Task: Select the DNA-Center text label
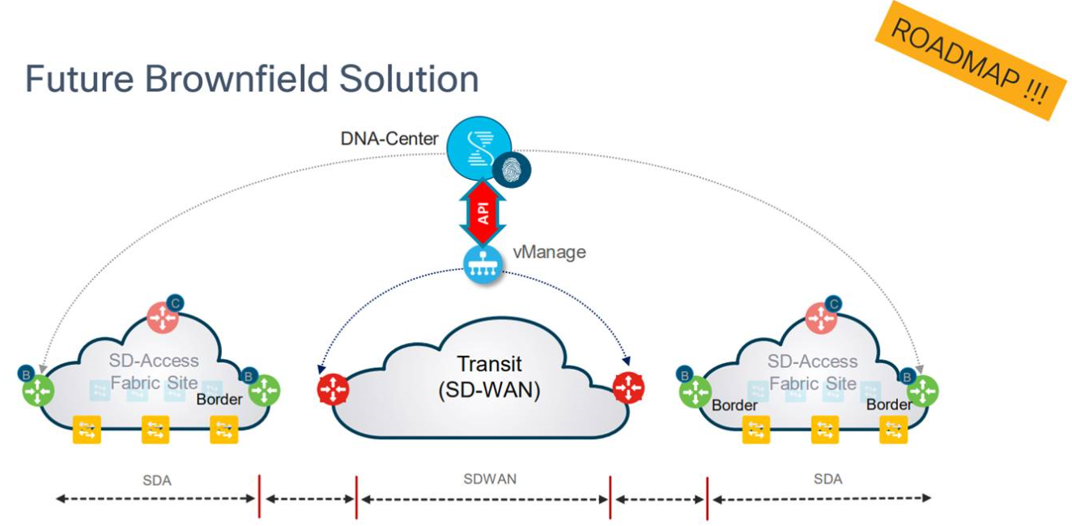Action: pyautogui.click(x=389, y=139)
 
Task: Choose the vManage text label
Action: pyautogui.click(x=549, y=252)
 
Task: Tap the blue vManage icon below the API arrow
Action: pyautogui.click(x=483, y=264)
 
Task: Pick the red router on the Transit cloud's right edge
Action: pyautogui.click(x=629, y=388)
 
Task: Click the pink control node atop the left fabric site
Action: pyautogui.click(x=164, y=318)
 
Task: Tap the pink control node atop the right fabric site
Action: pyautogui.click(x=822, y=318)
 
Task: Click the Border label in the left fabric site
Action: pyautogui.click(x=219, y=400)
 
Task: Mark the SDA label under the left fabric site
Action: pyautogui.click(x=156, y=481)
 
